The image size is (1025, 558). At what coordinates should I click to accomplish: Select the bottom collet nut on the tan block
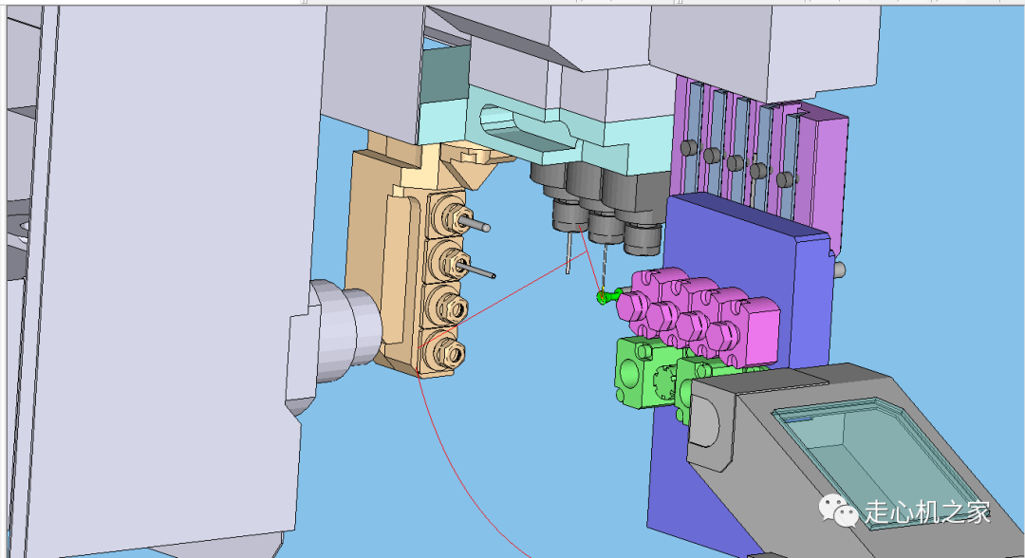point(450,355)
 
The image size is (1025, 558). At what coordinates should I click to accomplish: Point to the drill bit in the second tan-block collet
point(478,270)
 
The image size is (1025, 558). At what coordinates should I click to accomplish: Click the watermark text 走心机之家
point(928,512)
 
